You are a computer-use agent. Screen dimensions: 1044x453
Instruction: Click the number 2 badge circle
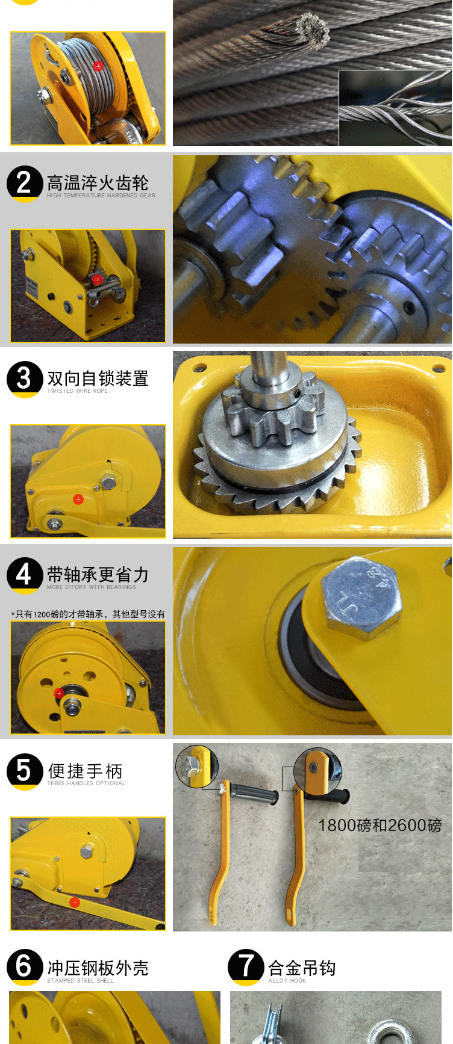click(x=24, y=183)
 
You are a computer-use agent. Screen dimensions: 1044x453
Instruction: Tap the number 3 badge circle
click(x=24, y=379)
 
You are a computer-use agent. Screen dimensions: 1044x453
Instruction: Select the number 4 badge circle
click(x=24, y=575)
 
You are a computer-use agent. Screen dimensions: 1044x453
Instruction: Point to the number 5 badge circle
click(x=24, y=771)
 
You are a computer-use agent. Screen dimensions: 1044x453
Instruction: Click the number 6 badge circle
click(x=24, y=967)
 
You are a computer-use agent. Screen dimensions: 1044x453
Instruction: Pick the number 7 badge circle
click(x=246, y=967)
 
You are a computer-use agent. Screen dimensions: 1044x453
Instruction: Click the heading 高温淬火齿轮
click(x=98, y=182)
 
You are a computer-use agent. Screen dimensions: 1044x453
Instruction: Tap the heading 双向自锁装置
click(x=98, y=378)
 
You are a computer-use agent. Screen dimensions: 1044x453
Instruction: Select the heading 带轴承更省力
click(x=98, y=575)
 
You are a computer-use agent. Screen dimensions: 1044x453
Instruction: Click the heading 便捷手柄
click(x=85, y=771)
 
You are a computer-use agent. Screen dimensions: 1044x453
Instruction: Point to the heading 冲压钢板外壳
click(x=98, y=968)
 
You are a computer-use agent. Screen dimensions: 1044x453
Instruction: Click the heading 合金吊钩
click(x=302, y=968)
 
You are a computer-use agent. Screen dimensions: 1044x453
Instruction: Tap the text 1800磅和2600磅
click(x=380, y=825)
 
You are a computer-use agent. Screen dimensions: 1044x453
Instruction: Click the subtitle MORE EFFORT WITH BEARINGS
click(x=92, y=587)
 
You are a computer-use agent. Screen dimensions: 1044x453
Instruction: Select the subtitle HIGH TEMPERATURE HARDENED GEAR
click(x=101, y=196)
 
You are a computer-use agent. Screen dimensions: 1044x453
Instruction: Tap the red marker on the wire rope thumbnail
click(x=98, y=66)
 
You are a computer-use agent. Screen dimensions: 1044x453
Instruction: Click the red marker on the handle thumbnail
click(x=75, y=903)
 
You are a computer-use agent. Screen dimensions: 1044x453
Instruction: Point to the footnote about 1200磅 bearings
click(x=88, y=614)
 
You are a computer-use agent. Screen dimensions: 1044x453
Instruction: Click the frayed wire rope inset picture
click(x=395, y=108)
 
